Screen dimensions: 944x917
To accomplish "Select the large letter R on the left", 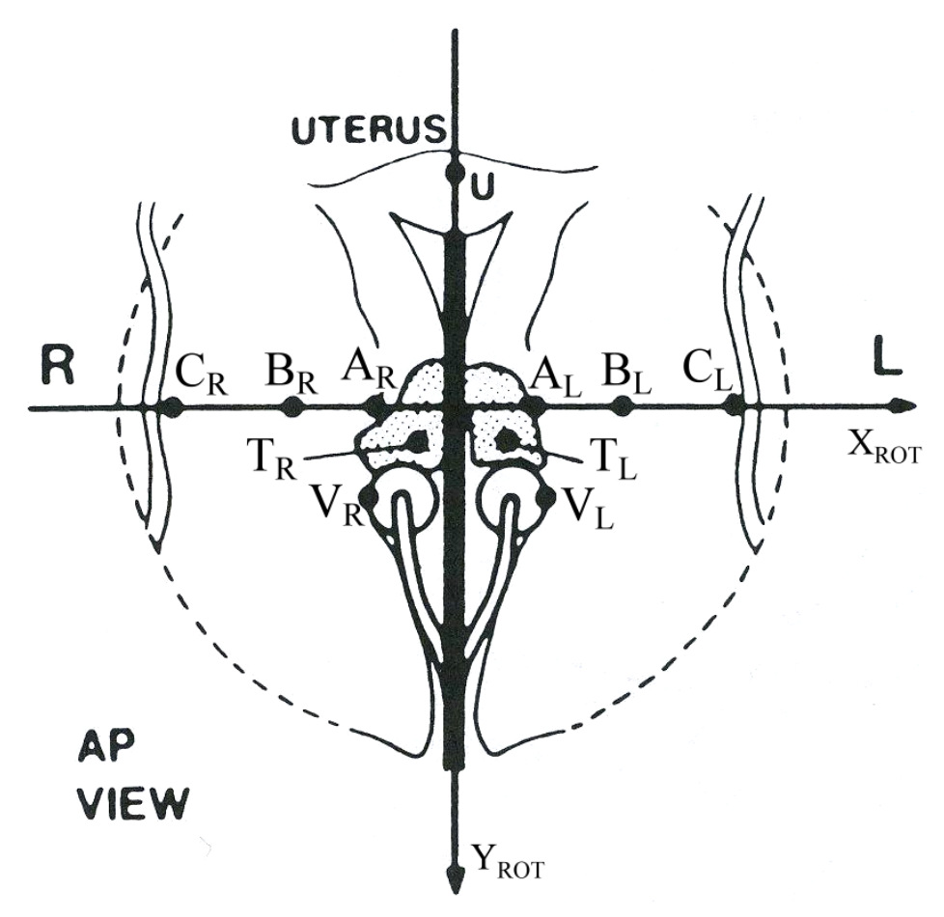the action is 59,367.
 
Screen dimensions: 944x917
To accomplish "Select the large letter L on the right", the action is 887,364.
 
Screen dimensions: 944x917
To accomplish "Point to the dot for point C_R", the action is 174,405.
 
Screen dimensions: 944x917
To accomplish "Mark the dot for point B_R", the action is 293,406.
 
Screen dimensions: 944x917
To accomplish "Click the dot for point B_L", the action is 623,406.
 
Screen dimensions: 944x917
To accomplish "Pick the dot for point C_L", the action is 733,404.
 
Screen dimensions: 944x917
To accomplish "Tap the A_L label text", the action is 556,379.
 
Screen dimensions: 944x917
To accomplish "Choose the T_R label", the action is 272,458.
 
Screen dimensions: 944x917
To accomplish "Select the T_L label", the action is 613,458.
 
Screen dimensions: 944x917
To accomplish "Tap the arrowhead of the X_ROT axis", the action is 905,406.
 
